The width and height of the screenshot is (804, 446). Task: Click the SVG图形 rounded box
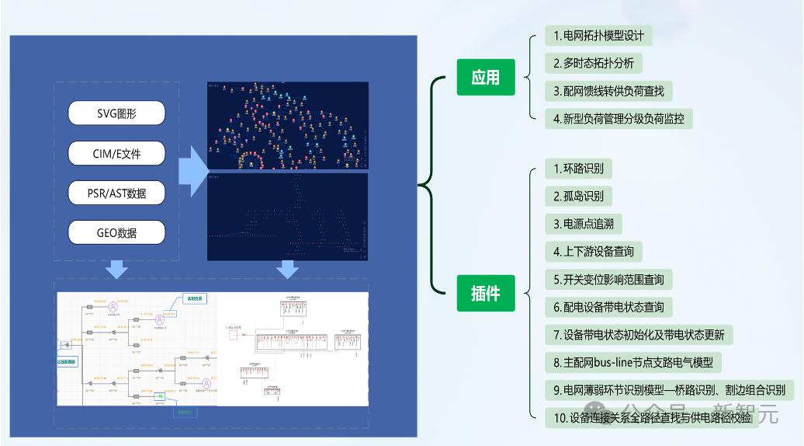tap(116, 113)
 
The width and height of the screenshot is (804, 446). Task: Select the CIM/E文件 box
tap(116, 153)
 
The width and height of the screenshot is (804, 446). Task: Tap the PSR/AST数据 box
tap(116, 193)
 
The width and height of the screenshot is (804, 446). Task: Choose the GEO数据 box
tap(116, 232)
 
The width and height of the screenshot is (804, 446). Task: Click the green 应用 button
tap(486, 77)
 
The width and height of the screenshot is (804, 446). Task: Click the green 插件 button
tap(486, 294)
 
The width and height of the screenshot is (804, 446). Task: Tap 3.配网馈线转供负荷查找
tap(608, 91)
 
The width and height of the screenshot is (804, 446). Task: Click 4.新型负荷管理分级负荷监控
tap(619, 119)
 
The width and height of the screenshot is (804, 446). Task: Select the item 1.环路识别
tap(578, 168)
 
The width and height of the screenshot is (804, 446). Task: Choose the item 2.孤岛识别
tap(578, 195)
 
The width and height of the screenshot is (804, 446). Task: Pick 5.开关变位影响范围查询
tap(608, 279)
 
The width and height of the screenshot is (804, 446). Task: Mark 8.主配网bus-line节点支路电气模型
tap(632, 362)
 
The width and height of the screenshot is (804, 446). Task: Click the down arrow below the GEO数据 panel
tap(116, 270)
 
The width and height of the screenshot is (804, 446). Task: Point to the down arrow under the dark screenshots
tap(288, 270)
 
